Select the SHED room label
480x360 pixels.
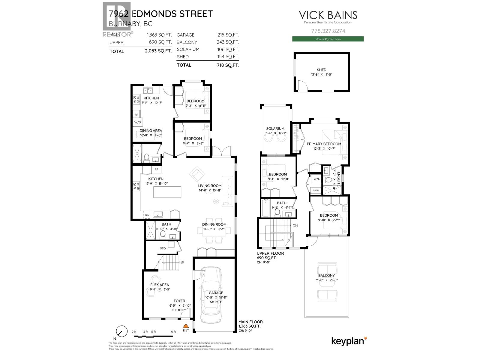pos(321,70)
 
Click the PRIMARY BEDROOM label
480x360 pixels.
pos(324,144)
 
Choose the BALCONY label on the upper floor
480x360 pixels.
pos(326,275)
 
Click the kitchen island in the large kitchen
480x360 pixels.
pos(167,192)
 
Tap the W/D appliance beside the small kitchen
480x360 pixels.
pos(137,122)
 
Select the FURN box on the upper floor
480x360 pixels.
pos(316,190)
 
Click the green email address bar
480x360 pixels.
pos(328,39)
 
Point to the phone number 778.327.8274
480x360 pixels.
pos(328,31)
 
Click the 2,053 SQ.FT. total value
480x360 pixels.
pos(158,51)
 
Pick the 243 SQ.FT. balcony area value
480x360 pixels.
pos(228,42)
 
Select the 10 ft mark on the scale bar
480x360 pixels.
pos(173,332)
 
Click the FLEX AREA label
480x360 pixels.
pos(160,285)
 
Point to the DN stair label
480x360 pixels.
pos(295,226)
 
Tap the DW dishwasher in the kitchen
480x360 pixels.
pos(147,215)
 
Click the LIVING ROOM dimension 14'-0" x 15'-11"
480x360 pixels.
pos(210,190)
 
